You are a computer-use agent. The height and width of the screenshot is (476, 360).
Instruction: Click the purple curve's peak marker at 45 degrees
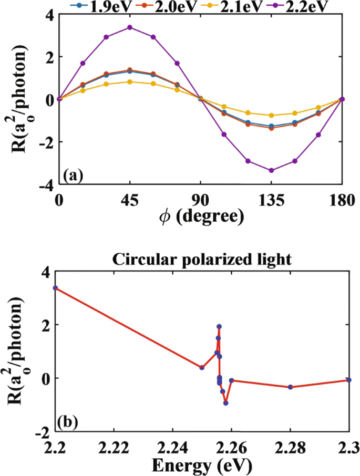[129, 27]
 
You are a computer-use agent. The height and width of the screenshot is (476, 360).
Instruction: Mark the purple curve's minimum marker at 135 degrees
[271, 170]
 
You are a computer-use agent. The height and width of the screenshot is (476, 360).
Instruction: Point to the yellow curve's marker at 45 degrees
[129, 81]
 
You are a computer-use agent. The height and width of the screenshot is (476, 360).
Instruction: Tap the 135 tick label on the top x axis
[271, 200]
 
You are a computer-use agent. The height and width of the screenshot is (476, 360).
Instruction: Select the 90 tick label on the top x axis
[200, 200]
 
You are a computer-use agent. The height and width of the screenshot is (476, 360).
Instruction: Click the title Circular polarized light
[201, 260]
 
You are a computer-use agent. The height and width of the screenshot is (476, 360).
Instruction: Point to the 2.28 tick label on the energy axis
[290, 447]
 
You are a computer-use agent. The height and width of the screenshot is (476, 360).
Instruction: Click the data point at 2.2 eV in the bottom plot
[55, 288]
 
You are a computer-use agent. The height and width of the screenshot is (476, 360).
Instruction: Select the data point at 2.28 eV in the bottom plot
[290, 387]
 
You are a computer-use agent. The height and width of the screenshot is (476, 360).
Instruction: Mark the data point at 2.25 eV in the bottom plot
[202, 367]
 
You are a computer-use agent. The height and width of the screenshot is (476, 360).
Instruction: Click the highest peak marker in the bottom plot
[219, 326]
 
